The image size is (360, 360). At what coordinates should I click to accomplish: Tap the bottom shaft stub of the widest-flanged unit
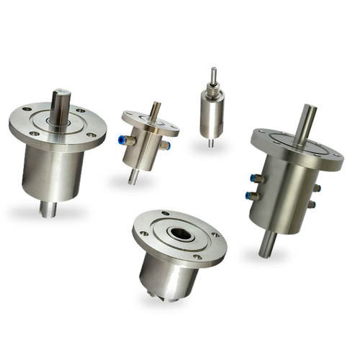pos(50,208)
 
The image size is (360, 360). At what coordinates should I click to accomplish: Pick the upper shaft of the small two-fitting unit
pos(155,109)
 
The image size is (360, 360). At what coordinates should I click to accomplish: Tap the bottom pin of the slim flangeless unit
pos(210,143)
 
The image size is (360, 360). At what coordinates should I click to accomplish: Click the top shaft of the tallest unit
pos(308,117)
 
